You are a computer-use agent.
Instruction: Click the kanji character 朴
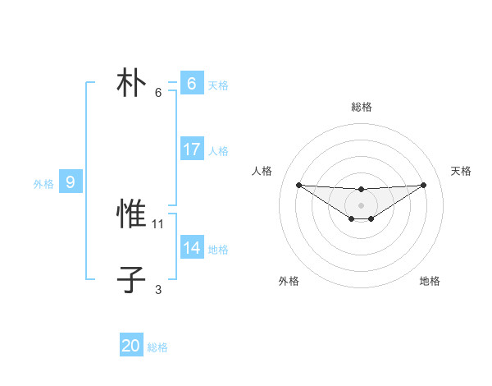pyautogui.click(x=131, y=84)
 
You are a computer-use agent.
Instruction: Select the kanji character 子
pyautogui.click(x=131, y=280)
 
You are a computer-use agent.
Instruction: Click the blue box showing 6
pyautogui.click(x=191, y=84)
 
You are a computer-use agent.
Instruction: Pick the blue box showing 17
pyautogui.click(x=191, y=150)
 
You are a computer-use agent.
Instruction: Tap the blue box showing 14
pyautogui.click(x=191, y=249)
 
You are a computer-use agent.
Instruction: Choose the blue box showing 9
pyautogui.click(x=71, y=182)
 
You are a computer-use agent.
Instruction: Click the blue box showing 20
pyautogui.click(x=131, y=347)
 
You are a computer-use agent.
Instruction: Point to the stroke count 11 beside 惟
pyautogui.click(x=158, y=223)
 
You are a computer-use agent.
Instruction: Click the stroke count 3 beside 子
pyautogui.click(x=158, y=289)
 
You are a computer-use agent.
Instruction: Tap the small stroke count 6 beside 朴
pyautogui.click(x=158, y=92)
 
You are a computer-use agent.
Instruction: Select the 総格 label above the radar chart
pyautogui.click(x=361, y=107)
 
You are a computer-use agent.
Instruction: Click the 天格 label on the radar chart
pyautogui.click(x=462, y=171)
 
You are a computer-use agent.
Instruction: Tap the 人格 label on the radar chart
pyautogui.click(x=262, y=171)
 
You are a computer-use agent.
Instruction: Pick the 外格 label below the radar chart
pyautogui.click(x=289, y=281)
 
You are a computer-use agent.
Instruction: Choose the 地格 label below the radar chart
pyautogui.click(x=430, y=281)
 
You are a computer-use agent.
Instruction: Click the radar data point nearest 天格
pyautogui.click(x=423, y=185)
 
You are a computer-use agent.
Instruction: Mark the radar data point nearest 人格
pyautogui.click(x=298, y=185)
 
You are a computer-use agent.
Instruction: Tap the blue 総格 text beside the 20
pyautogui.click(x=157, y=347)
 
